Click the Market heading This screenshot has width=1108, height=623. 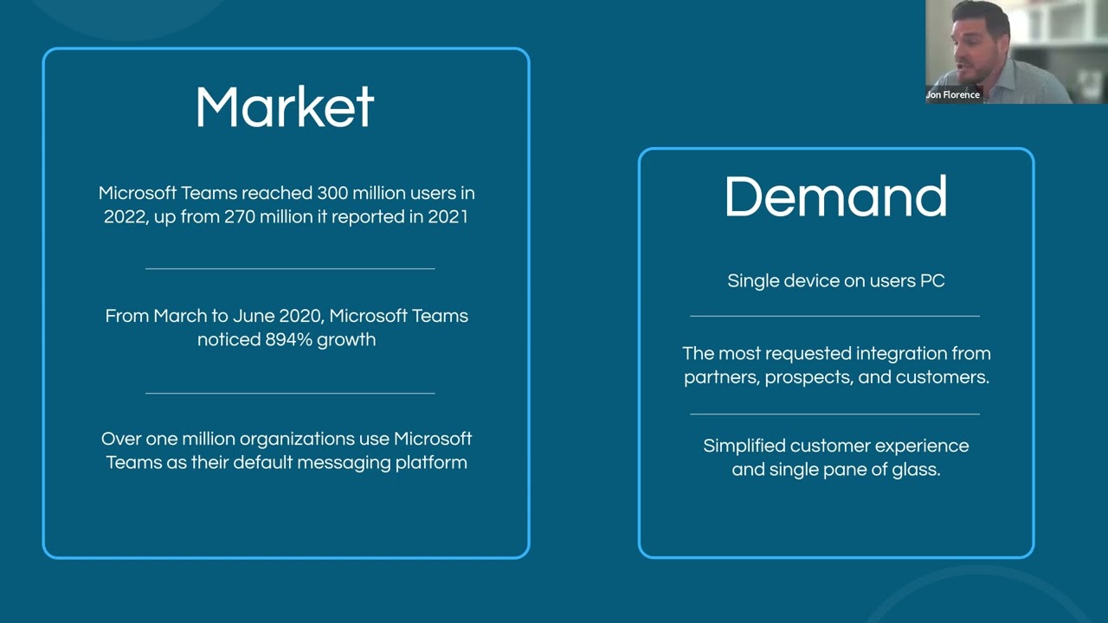pyautogui.click(x=285, y=107)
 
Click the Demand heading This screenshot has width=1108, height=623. pyautogui.click(x=835, y=197)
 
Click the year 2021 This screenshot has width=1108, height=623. pyautogui.click(x=448, y=216)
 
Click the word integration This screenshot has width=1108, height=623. pyautogui.click(x=903, y=353)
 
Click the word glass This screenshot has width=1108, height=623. pyautogui.click(x=915, y=470)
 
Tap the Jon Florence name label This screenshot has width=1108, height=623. pyautogui.click(x=953, y=94)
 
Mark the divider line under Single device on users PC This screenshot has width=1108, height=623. pyautogui.click(x=834, y=317)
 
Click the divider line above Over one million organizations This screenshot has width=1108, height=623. pyautogui.click(x=290, y=394)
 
